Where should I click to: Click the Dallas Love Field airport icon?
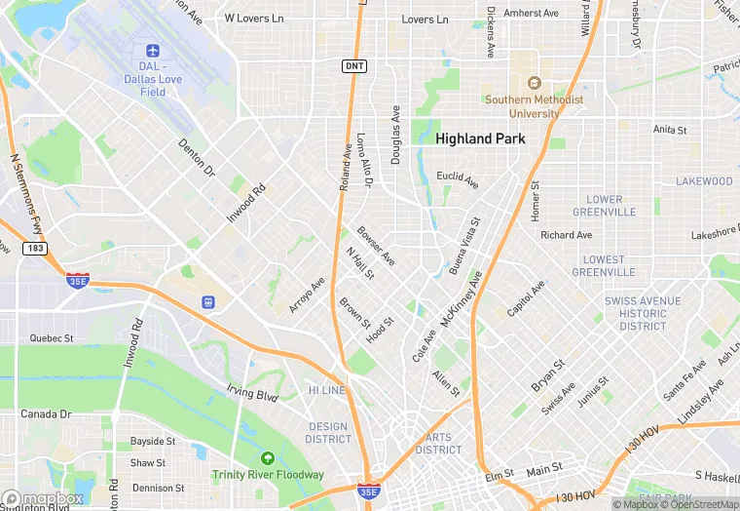151,51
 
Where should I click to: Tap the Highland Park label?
480,138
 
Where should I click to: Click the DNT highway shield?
354,65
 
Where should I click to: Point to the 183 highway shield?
37,250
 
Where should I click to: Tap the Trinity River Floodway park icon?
268,458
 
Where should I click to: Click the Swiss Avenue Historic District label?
643,313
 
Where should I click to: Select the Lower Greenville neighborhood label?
604,206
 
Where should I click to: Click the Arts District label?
438,444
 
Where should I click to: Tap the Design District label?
328,433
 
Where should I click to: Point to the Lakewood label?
704,181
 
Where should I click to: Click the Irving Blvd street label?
253,394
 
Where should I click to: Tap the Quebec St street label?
52,338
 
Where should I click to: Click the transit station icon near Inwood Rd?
206,301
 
